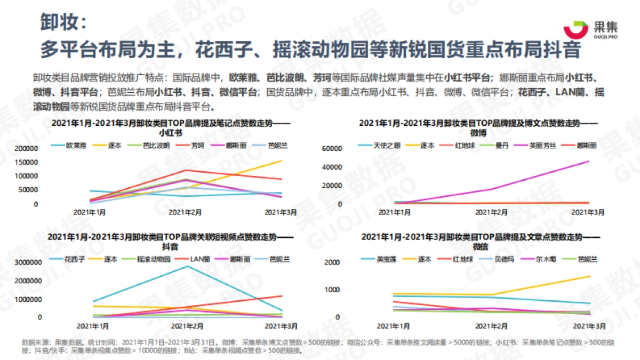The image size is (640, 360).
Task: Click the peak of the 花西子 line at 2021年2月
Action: tap(186, 266)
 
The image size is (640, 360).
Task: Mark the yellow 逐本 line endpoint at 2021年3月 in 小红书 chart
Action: tap(282, 161)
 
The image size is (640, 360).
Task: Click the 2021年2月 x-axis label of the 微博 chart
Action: tap(491, 212)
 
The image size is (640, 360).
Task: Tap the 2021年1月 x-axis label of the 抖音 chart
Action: tap(92, 325)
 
